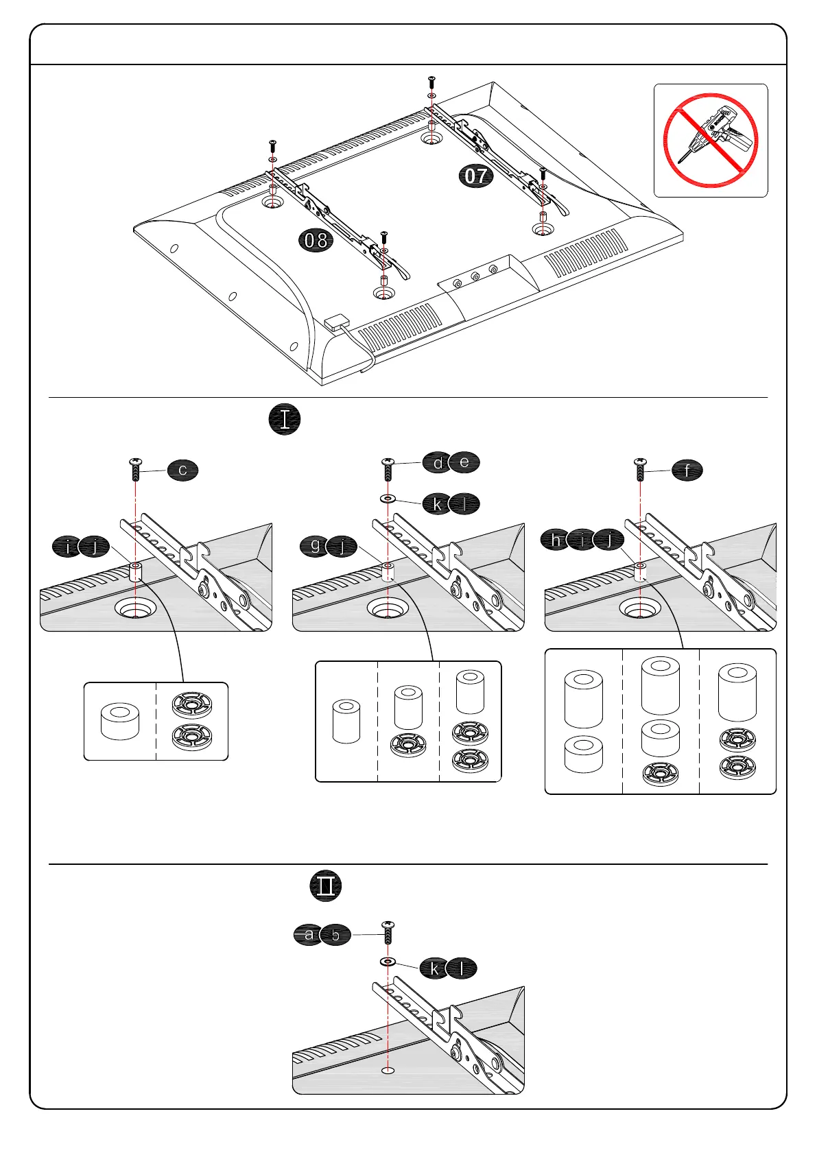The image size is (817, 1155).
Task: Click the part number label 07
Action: [476, 176]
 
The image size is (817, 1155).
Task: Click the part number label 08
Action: [316, 240]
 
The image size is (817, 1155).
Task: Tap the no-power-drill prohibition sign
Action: [710, 141]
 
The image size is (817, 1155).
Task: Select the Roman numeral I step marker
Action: [284, 419]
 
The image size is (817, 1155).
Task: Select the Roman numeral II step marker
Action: [325, 885]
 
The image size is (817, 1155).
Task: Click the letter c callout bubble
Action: [182, 470]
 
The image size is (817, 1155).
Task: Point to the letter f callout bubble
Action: [687, 470]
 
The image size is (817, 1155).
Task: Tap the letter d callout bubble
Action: [438, 463]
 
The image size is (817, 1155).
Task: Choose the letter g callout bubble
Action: [316, 546]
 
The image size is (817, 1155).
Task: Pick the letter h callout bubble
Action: [555, 540]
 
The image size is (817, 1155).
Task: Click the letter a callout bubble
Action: [309, 934]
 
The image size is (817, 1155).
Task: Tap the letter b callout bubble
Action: [335, 935]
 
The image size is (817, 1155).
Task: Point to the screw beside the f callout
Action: [640, 469]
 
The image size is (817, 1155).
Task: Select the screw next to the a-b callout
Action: [388, 934]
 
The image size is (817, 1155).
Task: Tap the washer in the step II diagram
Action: [388, 962]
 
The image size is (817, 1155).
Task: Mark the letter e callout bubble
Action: [464, 462]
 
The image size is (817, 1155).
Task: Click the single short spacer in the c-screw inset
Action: [120, 720]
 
